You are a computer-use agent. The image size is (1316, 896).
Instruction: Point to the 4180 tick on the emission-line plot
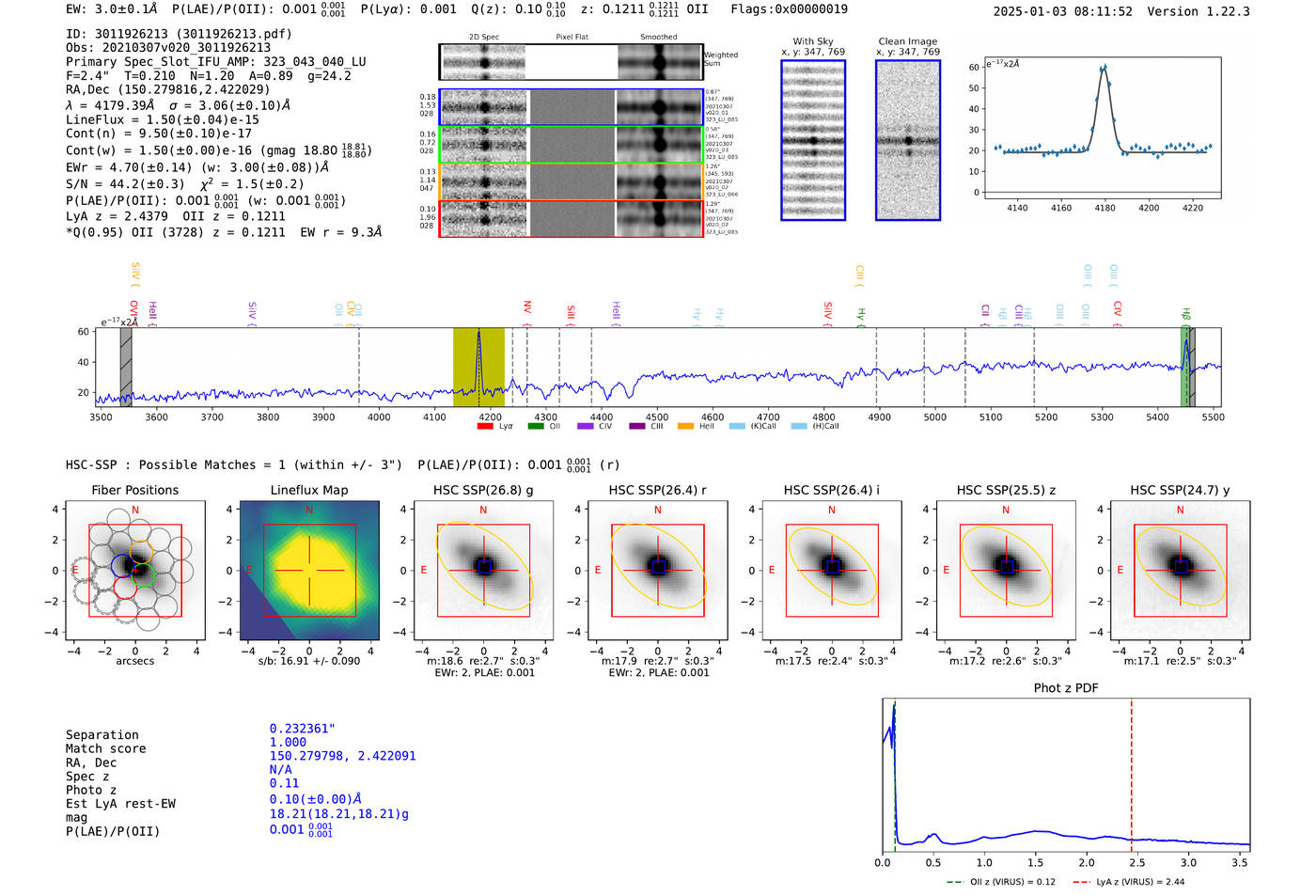(1104, 208)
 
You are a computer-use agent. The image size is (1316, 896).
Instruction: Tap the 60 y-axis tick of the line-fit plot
(974, 68)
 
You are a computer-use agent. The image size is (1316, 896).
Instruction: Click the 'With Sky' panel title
(813, 41)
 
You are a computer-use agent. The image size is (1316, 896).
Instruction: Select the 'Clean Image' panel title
(907, 41)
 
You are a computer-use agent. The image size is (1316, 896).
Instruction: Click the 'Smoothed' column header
(658, 37)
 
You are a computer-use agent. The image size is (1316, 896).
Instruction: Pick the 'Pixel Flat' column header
(572, 37)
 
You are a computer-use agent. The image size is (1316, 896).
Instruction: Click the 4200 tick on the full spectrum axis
(490, 417)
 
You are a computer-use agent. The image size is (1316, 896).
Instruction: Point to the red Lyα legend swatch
(485, 426)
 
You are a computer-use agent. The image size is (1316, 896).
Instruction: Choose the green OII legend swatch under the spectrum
(536, 426)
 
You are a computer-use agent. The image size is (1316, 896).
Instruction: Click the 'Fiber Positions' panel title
(134, 490)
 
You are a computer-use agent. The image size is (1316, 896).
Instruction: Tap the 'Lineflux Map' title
(308, 490)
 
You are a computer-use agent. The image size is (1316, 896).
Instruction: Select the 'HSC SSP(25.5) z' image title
(1006, 490)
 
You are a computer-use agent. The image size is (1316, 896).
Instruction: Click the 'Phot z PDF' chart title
(1065, 687)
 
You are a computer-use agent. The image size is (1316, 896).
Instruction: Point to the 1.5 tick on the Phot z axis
(1036, 862)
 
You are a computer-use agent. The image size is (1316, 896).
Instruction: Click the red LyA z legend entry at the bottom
(1129, 882)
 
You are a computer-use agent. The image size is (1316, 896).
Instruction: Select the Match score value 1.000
(288, 743)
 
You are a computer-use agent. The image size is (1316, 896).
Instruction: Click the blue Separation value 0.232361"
(302, 729)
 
